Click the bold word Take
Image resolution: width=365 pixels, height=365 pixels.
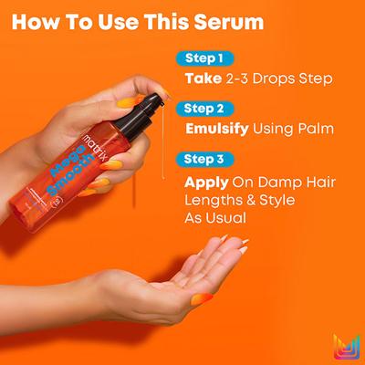pos(203,78)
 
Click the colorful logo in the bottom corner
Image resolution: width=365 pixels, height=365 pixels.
pos(346,346)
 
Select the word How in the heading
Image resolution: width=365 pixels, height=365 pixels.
pos(46,21)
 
